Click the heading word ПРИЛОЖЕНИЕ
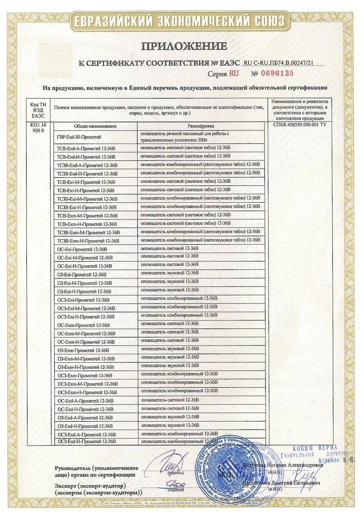pos(184,46)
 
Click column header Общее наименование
pos(95,126)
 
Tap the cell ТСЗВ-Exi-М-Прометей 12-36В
pos(87,198)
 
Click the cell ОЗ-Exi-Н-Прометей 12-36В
pos(85,291)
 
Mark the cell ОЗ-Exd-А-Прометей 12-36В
pos(85,417)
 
